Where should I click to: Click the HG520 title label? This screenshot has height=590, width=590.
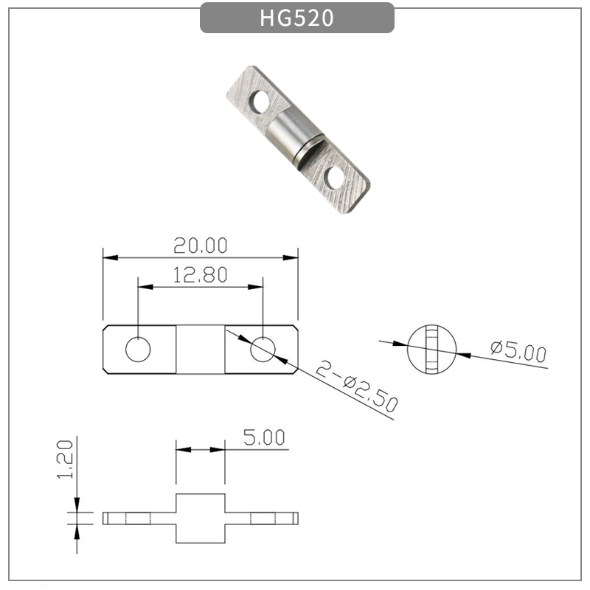(296, 18)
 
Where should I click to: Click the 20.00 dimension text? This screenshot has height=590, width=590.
(201, 244)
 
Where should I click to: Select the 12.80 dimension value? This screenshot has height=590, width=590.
(201, 275)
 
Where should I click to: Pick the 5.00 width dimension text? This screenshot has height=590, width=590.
(263, 438)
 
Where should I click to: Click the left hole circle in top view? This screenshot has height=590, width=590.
(137, 350)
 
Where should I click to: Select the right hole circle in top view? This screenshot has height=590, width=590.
(263, 350)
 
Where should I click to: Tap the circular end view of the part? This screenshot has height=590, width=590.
(432, 350)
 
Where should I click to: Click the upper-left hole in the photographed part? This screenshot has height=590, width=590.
(260, 103)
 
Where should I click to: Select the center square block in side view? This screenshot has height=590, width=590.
(200, 518)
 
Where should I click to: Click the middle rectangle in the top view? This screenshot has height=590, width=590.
(200, 350)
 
